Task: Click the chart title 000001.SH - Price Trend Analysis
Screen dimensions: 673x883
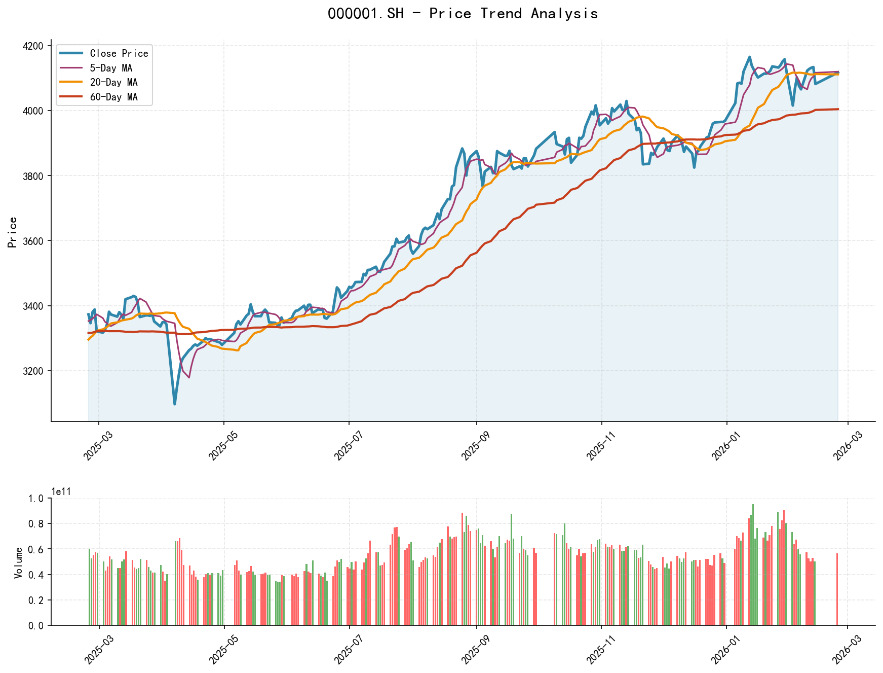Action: [463, 13]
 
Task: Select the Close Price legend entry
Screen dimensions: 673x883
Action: [119, 53]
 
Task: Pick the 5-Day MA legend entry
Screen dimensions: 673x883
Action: [110, 68]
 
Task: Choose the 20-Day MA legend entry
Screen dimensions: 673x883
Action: [113, 82]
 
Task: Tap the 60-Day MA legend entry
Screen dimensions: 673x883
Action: [113, 97]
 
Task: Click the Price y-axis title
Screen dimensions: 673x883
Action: [13, 232]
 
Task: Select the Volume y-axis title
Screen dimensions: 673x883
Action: [18, 562]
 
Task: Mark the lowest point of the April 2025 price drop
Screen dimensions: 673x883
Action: [175, 404]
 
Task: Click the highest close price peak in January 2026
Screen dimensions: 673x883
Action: [750, 57]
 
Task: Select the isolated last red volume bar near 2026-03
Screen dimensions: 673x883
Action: [837, 589]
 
